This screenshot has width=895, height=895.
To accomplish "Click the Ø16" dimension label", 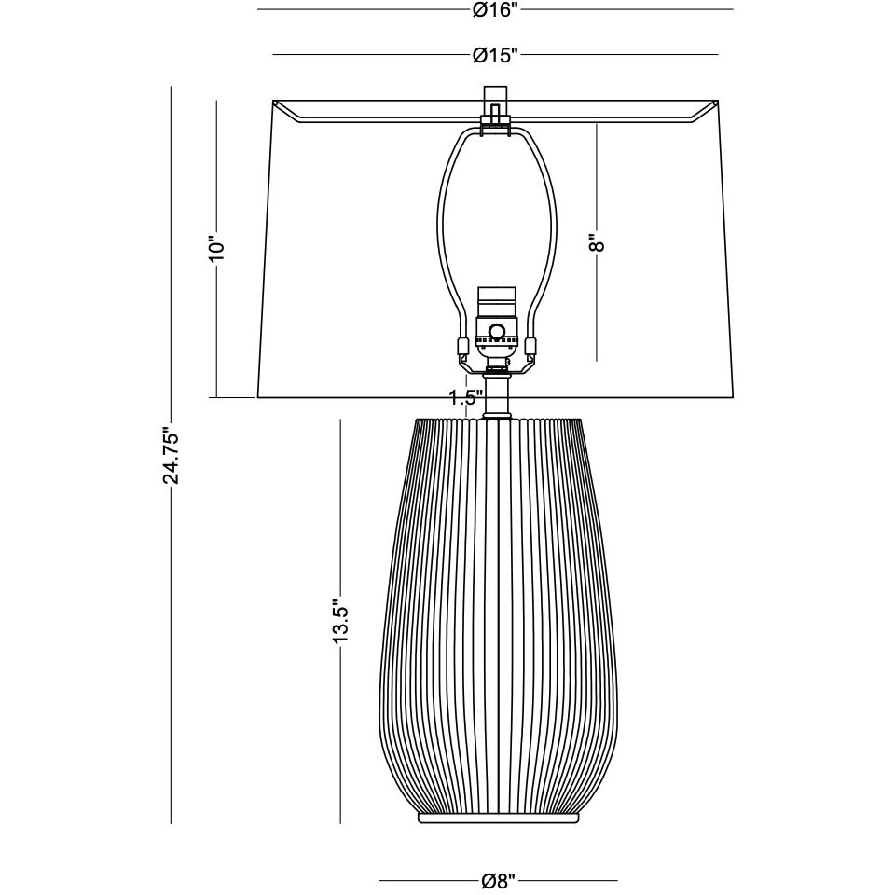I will pos(494,10).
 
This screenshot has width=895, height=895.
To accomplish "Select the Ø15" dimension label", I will pos(494,56).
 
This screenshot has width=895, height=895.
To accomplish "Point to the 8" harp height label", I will pos(597,242).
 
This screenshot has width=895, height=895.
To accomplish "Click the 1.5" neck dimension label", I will pos(465,398).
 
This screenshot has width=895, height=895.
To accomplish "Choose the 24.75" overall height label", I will pos(171,456).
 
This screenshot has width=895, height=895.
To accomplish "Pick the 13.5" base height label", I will pos(341,622).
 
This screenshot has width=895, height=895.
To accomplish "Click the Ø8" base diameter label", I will pos(498,880).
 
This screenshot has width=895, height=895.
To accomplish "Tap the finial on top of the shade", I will pos(495,99).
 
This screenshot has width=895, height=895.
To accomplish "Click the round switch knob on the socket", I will pos(498,331).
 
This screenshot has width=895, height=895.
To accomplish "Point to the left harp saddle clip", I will pos(461,349).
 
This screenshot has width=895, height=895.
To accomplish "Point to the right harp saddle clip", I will pos(531,349).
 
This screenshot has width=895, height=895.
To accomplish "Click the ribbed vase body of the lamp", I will pos(498,615).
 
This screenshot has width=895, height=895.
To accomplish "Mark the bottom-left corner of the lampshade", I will pos(257,397).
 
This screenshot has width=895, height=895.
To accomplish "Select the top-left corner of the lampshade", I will pos(272,102).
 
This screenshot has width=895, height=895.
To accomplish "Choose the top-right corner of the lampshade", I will pos(717,102).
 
